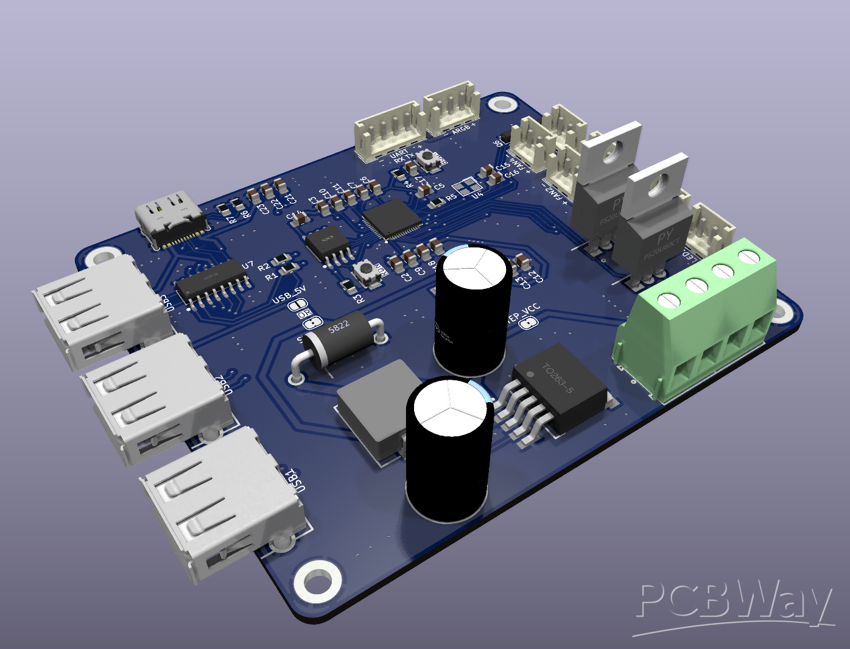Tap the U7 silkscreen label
click(x=248, y=264)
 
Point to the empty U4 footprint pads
click(x=468, y=186)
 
